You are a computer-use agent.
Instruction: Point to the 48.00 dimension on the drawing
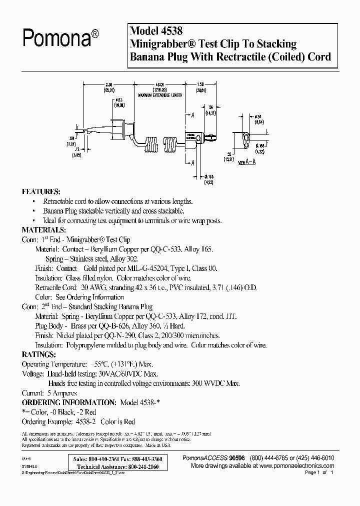(x=160, y=84)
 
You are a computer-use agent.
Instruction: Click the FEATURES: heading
(x=40, y=191)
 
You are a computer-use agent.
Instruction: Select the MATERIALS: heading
(x=43, y=230)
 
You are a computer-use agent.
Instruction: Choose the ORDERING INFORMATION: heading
(x=67, y=402)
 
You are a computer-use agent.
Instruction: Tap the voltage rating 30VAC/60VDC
(x=114, y=373)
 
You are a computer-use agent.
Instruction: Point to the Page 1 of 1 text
(x=318, y=472)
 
